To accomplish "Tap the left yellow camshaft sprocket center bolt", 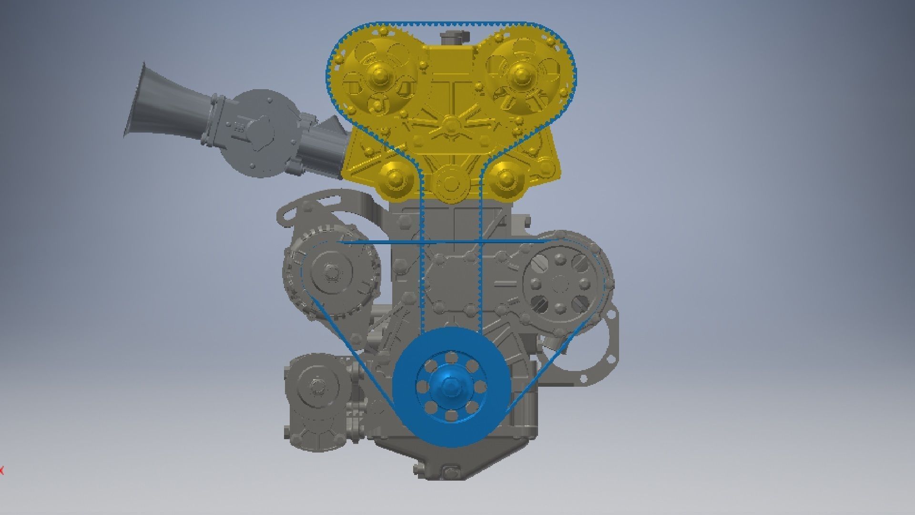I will tap(379, 75).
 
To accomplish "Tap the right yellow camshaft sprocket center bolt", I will tap(519, 75).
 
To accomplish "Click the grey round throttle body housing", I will tap(260, 134).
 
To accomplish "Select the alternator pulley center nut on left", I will tap(329, 273).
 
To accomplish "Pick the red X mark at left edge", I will tap(1, 471).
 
